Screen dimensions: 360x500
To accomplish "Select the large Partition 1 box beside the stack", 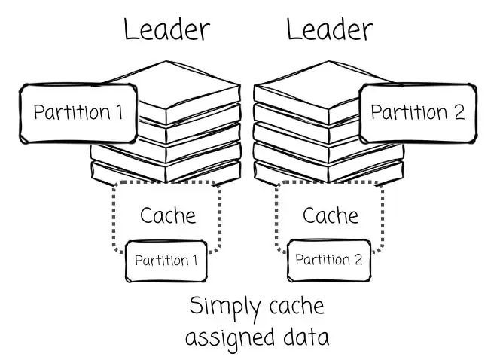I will point(78,113).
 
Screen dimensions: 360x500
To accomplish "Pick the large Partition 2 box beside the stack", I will point(418,113).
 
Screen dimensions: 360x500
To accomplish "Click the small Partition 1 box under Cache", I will point(166,261).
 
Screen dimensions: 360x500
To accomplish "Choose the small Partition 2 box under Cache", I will point(328,260).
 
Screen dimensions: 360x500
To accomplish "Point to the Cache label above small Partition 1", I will point(168,215).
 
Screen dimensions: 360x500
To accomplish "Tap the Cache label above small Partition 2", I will point(331,215).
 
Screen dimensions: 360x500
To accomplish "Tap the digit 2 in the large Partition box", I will point(459,113).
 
